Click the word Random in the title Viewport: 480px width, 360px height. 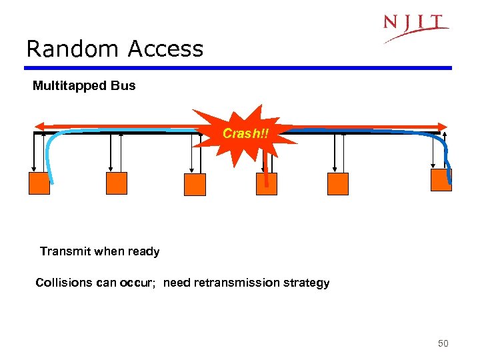(61, 49)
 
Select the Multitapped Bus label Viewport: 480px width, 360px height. (84, 85)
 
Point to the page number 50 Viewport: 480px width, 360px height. (443, 343)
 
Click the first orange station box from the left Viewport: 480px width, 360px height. (39, 183)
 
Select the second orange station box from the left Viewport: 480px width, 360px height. (117, 183)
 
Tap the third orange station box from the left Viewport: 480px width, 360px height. (195, 185)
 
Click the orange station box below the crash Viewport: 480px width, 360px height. (267, 183)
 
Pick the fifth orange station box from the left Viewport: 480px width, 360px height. (338, 183)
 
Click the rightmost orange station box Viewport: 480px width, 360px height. (441, 179)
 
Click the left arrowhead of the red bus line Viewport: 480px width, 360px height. (39, 126)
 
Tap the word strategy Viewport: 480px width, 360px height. (306, 283)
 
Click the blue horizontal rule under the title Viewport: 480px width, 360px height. (239, 67)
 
